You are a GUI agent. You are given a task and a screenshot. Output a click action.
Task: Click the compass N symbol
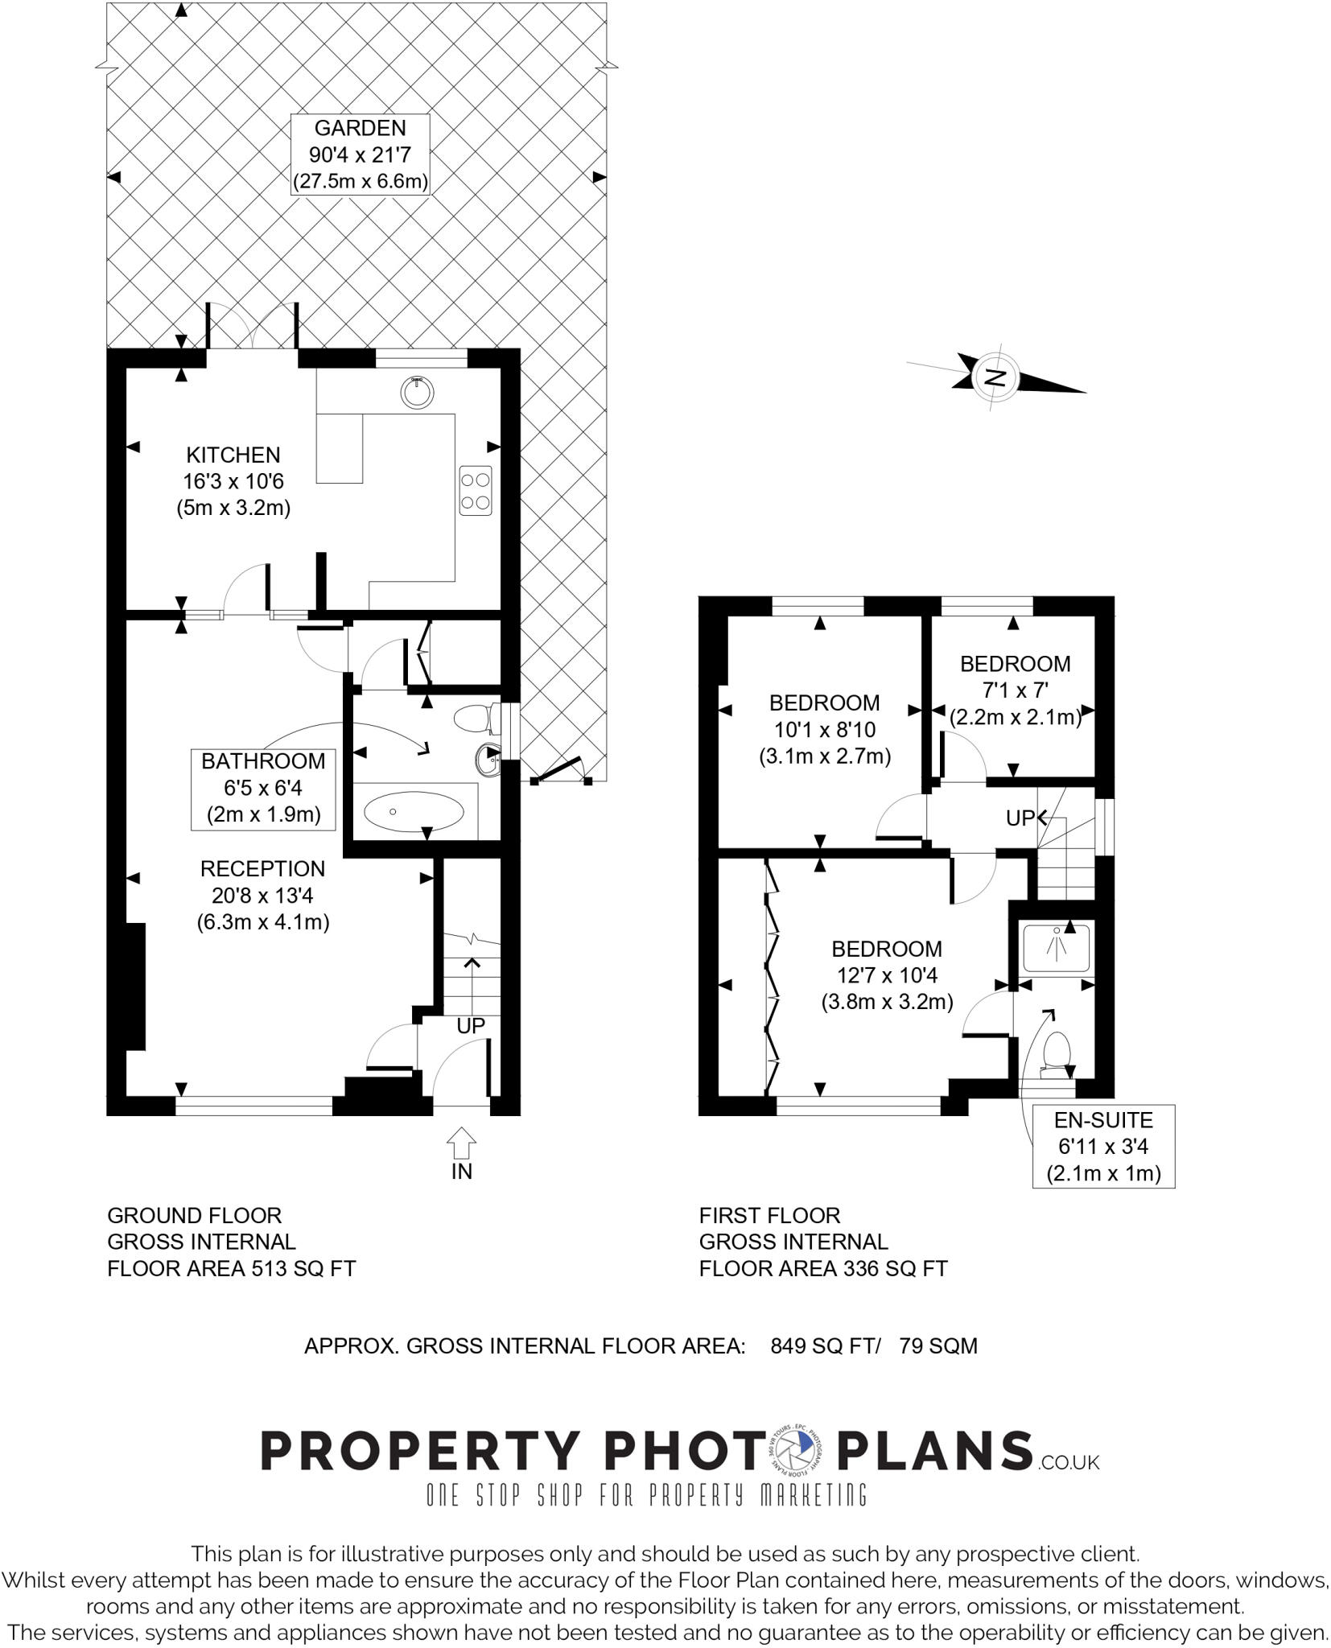(x=996, y=377)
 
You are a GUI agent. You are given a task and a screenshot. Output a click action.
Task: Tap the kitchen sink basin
(x=417, y=392)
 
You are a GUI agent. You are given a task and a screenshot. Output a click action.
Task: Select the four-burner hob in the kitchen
(x=475, y=491)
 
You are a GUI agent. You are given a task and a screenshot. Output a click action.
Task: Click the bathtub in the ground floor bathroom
(x=414, y=811)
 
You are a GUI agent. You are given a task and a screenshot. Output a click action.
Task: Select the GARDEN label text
(x=360, y=128)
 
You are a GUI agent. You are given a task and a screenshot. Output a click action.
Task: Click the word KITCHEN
(x=233, y=455)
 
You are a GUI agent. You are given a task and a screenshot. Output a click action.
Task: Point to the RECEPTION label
(x=262, y=868)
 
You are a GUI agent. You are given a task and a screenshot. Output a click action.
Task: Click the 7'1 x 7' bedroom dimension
(x=1015, y=690)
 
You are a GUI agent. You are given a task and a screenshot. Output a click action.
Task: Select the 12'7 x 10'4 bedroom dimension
(x=888, y=975)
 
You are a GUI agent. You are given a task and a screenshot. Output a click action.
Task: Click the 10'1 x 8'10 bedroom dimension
(x=825, y=730)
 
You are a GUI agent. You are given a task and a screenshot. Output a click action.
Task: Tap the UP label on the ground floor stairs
(x=471, y=1026)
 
